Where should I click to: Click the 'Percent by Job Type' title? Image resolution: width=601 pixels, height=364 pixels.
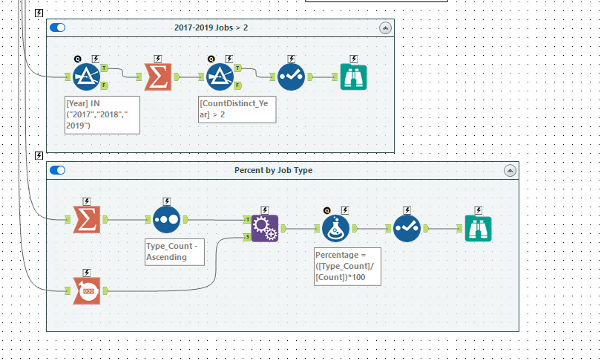point(273,170)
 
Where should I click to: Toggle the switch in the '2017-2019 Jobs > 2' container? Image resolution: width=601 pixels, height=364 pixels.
point(57,27)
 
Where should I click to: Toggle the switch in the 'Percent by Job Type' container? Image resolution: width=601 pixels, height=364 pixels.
point(57,170)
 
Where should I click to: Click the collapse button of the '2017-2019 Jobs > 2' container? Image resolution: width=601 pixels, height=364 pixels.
point(384,27)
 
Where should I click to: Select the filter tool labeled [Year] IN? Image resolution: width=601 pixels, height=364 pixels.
point(87,76)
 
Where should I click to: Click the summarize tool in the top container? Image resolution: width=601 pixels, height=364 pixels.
point(157,76)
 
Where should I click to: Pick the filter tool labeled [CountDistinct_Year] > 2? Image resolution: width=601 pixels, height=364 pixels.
point(219,76)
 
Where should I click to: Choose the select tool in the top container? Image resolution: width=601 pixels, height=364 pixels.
point(291,76)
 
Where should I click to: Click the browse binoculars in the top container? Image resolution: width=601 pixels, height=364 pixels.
point(353,76)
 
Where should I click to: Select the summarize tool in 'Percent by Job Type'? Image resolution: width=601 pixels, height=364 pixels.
point(87,219)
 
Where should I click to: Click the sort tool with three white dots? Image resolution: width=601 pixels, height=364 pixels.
point(166,219)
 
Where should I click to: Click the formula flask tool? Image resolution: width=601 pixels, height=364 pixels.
point(335,228)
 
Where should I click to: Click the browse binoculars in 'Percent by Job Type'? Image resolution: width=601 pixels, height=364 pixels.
point(478,228)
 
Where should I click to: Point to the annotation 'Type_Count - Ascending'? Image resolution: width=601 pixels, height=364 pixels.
point(174,251)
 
